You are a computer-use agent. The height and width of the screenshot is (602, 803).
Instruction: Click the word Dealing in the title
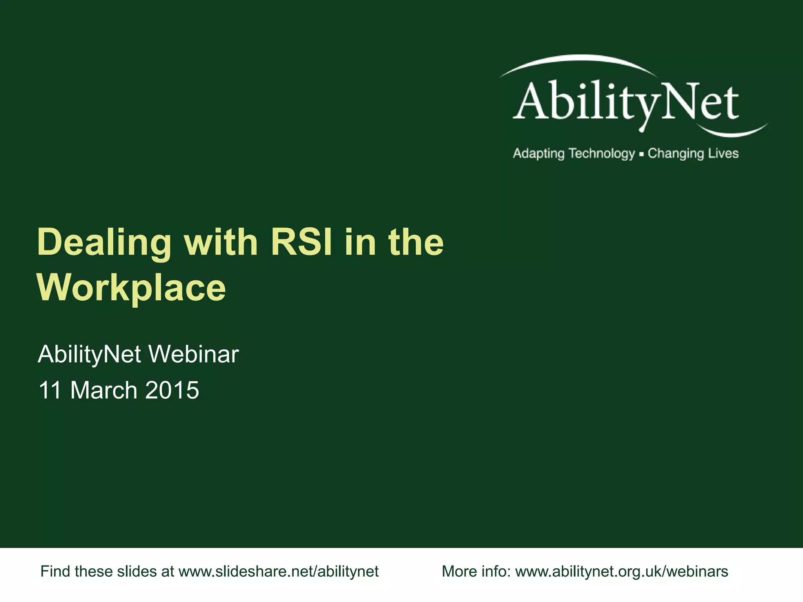pos(104,243)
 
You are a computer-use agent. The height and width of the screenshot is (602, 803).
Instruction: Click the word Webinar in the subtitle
pos(193,354)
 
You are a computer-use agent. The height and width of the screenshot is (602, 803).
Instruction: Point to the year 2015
pos(172,390)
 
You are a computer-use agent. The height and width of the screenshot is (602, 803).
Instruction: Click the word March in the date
pos(104,390)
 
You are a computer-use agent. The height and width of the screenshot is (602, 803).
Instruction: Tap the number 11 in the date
pos(50,390)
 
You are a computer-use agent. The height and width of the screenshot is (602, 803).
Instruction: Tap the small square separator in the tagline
pos(641,154)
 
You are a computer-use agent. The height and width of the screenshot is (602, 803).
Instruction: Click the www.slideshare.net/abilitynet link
pos(278,571)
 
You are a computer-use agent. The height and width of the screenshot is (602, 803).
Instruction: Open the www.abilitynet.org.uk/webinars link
pos(621,571)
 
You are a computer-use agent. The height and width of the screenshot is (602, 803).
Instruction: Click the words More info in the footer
pos(476,571)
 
